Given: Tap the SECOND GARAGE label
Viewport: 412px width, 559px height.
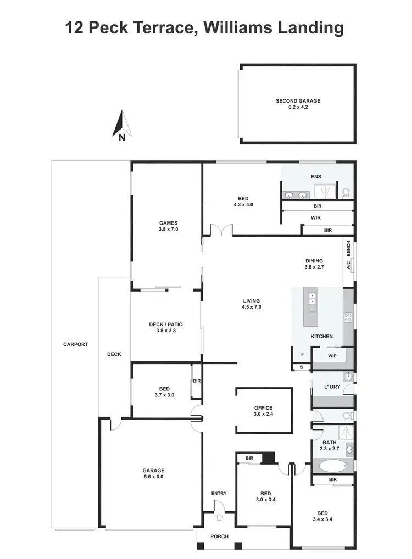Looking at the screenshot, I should tap(298, 104).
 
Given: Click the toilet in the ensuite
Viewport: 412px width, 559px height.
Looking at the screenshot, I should tap(346, 192).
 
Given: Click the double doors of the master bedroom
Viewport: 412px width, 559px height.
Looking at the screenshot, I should tap(222, 230).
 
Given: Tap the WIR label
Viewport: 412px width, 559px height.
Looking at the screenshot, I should tap(315, 217).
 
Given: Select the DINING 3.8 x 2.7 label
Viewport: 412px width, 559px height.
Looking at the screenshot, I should tap(314, 264).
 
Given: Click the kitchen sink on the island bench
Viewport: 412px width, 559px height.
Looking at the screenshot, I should tap(312, 300).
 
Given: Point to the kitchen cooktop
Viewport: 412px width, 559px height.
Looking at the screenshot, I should tap(348, 317).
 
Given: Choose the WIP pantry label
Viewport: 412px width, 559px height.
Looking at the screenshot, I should tap(332, 356).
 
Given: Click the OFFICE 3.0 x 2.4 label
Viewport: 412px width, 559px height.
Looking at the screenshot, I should tap(263, 411).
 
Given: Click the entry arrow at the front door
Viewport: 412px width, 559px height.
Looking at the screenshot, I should tap(219, 516).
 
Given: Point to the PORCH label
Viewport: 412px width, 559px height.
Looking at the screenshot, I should tap(219, 536).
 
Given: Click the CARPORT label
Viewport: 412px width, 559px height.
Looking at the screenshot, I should tap(75, 344).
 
